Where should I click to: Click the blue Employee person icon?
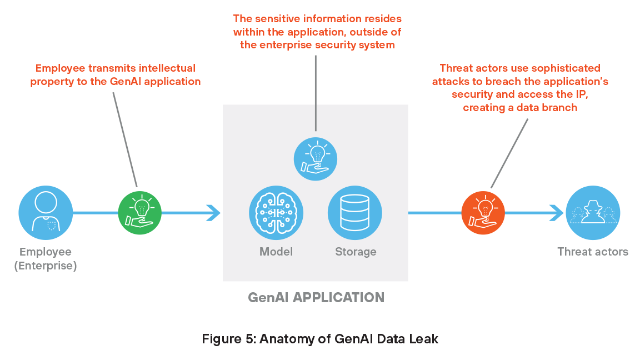pos(46,212)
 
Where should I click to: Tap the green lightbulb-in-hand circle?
pos(140,212)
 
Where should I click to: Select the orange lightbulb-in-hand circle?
pos(483,212)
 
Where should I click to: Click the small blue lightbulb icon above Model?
pos(315,159)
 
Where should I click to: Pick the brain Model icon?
pos(276,212)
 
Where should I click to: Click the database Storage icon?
pos(355,212)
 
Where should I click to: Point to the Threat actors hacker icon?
pos(593,212)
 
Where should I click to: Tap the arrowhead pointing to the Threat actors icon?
pos(556,212)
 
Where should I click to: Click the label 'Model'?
pos(276,252)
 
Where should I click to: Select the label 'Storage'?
pos(356,252)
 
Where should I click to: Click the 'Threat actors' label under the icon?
pos(593,252)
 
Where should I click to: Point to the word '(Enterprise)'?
pos(46,266)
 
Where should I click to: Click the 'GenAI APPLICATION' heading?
pos(316,297)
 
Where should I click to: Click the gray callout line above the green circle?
pos(125,139)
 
